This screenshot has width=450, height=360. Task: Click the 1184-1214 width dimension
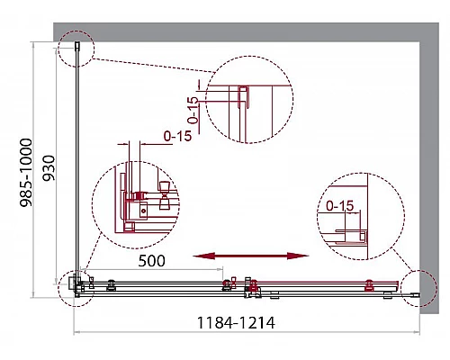pyautogui.click(x=236, y=323)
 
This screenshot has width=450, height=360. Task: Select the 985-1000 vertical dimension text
pyautogui.click(x=26, y=173)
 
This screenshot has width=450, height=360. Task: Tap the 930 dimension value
pyautogui.click(x=49, y=167)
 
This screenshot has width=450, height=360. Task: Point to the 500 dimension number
pyautogui.click(x=151, y=261)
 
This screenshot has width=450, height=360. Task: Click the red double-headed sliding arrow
pyautogui.click(x=251, y=256)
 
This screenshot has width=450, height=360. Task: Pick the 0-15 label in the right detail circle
pyautogui.click(x=340, y=206)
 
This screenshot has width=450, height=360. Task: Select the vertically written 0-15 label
pyautogui.click(x=193, y=111)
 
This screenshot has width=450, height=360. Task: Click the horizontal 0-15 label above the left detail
pyautogui.click(x=177, y=136)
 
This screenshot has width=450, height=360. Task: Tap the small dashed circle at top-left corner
pyautogui.click(x=76, y=31)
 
